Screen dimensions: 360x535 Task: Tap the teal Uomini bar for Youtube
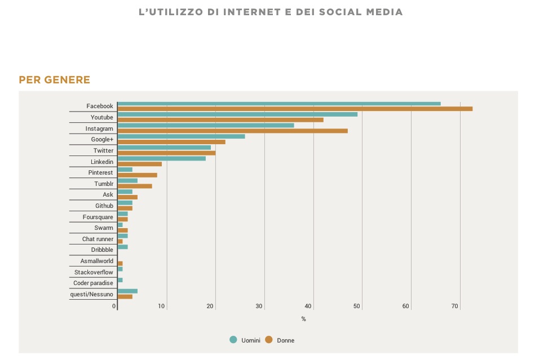click(237, 114)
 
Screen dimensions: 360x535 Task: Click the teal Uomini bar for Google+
click(181, 136)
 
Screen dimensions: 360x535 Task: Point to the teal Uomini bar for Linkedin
click(161, 158)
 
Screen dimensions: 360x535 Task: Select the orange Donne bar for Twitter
click(166, 153)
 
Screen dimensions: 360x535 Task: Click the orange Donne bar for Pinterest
click(137, 175)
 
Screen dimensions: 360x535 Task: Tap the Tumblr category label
click(104, 184)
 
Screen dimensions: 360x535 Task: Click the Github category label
click(104, 206)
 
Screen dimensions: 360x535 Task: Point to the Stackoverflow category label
click(94, 272)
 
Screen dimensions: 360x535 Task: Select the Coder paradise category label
click(93, 283)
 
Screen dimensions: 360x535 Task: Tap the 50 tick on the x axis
click(357, 306)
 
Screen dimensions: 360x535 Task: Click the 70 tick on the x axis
click(455, 306)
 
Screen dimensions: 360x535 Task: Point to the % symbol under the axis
click(303, 319)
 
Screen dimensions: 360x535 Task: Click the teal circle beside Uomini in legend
click(233, 340)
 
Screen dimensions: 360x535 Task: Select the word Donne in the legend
click(285, 340)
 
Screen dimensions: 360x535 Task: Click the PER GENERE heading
click(54, 80)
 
